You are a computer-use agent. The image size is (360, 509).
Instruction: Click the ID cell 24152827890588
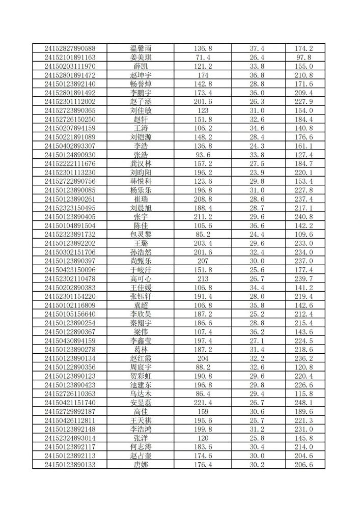coord(70,48)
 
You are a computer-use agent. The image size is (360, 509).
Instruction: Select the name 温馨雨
coord(141,48)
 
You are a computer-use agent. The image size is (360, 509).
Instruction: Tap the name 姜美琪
coord(141,58)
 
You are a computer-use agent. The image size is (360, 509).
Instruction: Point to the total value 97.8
coord(303,58)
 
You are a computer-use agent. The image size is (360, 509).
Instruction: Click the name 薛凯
coord(141,66)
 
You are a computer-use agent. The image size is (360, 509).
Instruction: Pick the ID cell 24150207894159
coord(70,128)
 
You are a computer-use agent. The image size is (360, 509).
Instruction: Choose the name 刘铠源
coord(141,137)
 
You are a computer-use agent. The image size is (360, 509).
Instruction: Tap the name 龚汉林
coord(141,163)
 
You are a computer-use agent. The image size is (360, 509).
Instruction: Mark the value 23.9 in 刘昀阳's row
coord(257,173)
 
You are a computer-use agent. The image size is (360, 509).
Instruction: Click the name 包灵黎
coord(141,234)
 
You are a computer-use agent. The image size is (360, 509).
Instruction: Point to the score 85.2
coord(203,234)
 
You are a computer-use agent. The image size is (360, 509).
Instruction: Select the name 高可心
coord(141,278)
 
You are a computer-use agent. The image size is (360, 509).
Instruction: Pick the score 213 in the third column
coord(203,278)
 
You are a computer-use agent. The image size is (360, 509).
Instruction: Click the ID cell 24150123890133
coord(70,465)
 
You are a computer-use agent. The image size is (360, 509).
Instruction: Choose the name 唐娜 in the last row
coord(141,465)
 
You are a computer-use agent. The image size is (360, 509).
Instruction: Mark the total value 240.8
coord(303,216)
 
